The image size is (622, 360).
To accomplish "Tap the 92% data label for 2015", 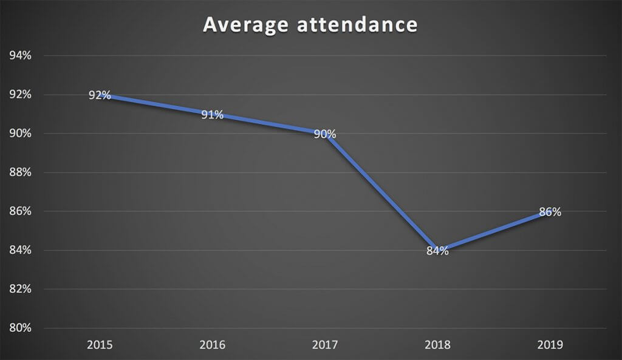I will click(x=100, y=95).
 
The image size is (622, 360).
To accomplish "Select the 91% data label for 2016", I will click(x=213, y=115).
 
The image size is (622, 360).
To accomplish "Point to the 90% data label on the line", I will click(x=325, y=134).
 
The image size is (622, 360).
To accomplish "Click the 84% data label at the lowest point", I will click(x=437, y=251).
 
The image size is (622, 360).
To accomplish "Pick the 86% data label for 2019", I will click(x=550, y=212).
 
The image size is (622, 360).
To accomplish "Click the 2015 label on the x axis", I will click(x=100, y=345).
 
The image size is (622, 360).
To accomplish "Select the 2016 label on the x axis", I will click(x=212, y=345).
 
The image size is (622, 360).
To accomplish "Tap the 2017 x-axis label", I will click(x=325, y=345).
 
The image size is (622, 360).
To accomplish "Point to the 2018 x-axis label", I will click(x=437, y=345).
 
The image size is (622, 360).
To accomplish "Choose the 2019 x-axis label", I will click(x=550, y=345).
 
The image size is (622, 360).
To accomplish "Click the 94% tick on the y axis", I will click(x=20, y=56).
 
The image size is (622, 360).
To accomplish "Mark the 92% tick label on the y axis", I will click(x=20, y=95).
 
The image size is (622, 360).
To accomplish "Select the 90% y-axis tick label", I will click(x=20, y=134).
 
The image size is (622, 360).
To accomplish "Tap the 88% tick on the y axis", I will click(x=20, y=172).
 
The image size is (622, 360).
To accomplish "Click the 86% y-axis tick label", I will click(x=20, y=211).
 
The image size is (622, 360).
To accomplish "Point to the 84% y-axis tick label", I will click(x=20, y=250).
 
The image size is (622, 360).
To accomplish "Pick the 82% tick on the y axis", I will click(x=20, y=289).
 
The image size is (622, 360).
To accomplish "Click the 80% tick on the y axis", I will click(x=20, y=328).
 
